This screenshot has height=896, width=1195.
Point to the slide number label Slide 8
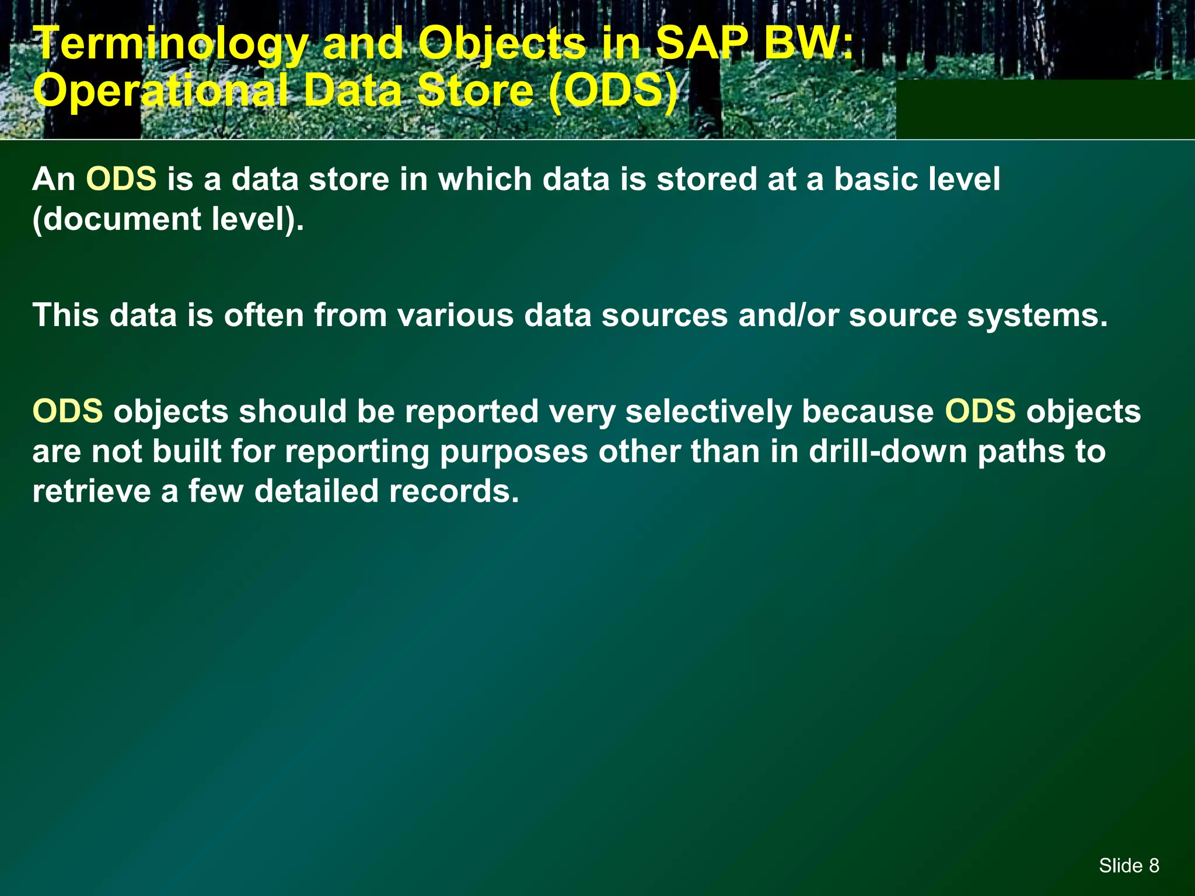point(1128,866)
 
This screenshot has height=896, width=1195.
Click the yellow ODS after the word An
point(121,178)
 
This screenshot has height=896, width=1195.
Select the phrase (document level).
point(168,219)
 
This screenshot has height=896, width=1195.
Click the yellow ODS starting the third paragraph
point(68,411)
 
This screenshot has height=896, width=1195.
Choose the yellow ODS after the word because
point(980,411)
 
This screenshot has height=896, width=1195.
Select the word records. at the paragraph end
point(454,491)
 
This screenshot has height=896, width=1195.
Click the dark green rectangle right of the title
point(1044,109)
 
